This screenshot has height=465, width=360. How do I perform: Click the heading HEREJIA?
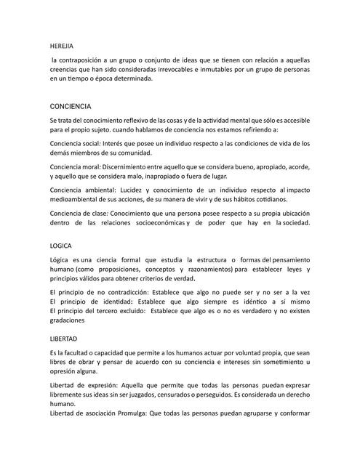(x=62, y=44)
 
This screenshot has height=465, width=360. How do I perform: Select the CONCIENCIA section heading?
(x=71, y=105)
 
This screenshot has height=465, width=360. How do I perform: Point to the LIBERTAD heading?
(x=64, y=339)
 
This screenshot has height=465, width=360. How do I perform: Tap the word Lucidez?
(x=139, y=190)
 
